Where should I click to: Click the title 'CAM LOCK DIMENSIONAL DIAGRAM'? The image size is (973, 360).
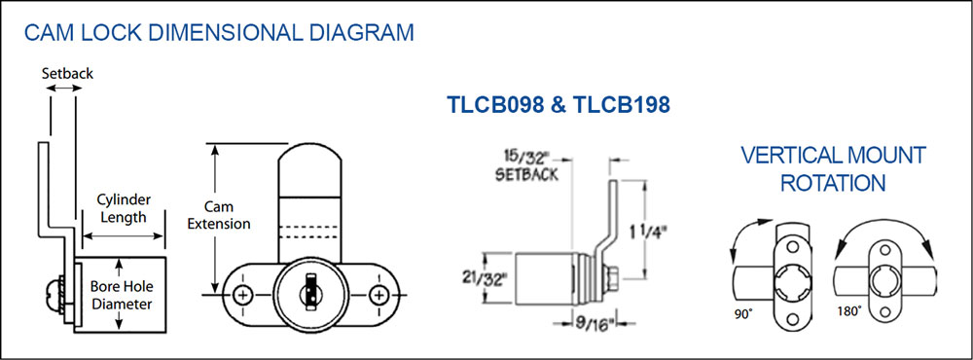click(x=218, y=32)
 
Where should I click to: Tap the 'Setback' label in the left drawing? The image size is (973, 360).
click(x=67, y=73)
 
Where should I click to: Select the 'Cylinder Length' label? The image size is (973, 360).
click(x=123, y=208)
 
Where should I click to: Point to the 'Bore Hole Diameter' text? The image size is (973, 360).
click(x=122, y=296)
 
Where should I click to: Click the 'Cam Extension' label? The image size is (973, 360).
click(x=218, y=215)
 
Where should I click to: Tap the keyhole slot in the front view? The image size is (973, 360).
click(x=307, y=293)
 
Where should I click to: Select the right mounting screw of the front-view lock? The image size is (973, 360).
click(x=377, y=294)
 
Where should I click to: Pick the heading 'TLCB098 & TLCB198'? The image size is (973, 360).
click(x=559, y=105)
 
